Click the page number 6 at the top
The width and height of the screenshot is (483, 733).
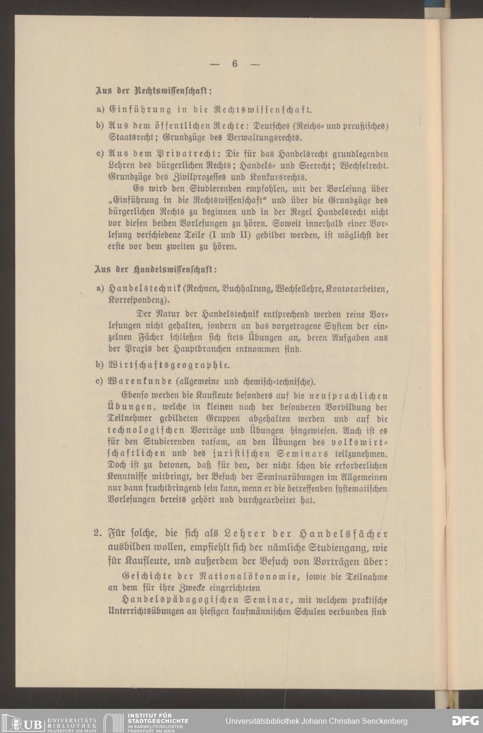coord(235,64)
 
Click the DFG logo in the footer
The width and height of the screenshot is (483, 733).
coord(465,721)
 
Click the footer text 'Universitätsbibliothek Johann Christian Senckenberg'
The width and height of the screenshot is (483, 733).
coord(316,721)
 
